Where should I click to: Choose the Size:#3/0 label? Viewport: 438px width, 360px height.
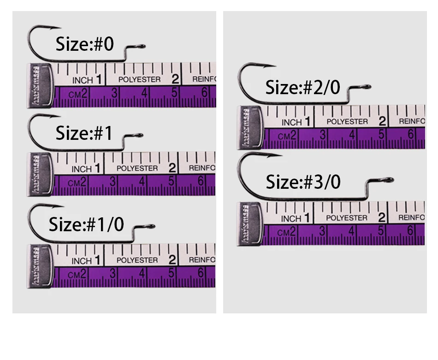pos(303,182)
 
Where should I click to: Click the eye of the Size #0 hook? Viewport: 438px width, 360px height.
pos(142,46)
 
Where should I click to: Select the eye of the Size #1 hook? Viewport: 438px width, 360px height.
pos(140,136)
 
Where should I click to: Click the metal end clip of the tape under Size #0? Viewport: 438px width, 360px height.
pos(40,85)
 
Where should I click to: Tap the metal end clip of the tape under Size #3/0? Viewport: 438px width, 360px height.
pos(250,223)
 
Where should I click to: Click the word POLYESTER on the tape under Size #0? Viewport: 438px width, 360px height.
pos(139,79)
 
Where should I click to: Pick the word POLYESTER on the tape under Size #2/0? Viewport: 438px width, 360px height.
pos(348,121)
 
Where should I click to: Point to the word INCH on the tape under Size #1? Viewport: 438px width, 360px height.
pos(82,169)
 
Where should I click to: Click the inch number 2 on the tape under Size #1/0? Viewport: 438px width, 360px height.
pos(172,259)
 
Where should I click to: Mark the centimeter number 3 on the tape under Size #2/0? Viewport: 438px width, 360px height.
pos(323,135)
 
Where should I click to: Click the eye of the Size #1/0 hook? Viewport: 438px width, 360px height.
pos(152,226)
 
